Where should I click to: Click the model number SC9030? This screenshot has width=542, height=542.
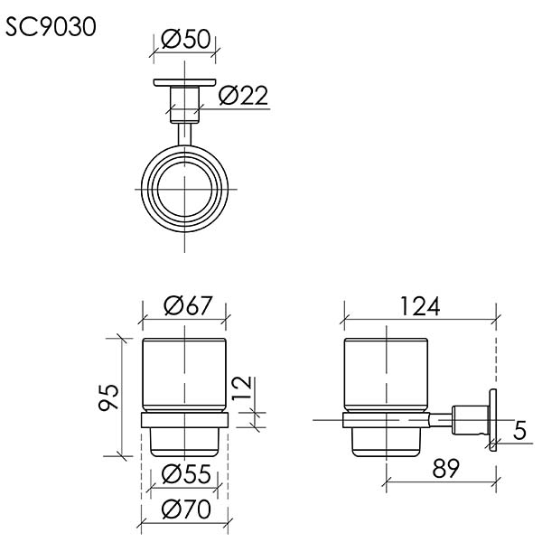click(51, 26)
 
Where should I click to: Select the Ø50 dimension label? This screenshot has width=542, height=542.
click(185, 38)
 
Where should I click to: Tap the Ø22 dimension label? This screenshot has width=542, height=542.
click(243, 95)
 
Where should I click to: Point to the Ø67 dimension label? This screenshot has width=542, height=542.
click(188, 305)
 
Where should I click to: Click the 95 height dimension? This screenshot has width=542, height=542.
click(108, 397)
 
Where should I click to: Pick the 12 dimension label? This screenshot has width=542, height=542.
click(241, 388)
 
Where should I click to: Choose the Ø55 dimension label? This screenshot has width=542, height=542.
click(186, 473)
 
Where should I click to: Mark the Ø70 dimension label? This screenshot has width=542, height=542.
click(186, 509)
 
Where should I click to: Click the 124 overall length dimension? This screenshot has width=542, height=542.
click(420, 306)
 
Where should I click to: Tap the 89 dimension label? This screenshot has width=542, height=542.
click(445, 468)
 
